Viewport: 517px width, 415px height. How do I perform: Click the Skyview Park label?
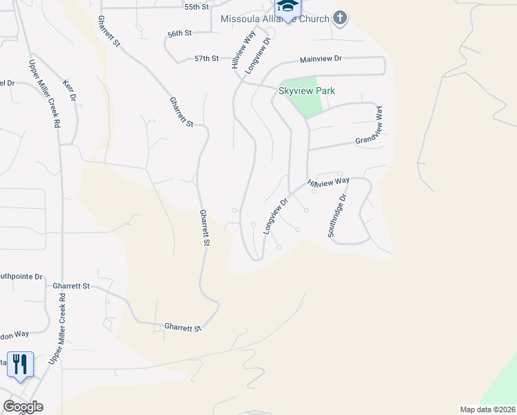(x=306, y=91)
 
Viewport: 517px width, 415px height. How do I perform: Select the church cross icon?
(x=339, y=17)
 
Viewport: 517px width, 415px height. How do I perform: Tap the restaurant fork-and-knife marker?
(x=20, y=364)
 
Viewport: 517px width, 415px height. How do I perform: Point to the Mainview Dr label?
(x=321, y=60)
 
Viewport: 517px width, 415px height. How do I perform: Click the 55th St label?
(x=196, y=6)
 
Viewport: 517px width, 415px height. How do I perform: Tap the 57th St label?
(x=206, y=59)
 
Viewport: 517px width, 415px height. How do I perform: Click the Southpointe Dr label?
(x=21, y=275)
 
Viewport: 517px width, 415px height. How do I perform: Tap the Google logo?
(x=23, y=407)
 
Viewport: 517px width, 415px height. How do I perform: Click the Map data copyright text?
(x=487, y=409)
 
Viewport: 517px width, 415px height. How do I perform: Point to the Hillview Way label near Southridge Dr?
(x=328, y=183)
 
